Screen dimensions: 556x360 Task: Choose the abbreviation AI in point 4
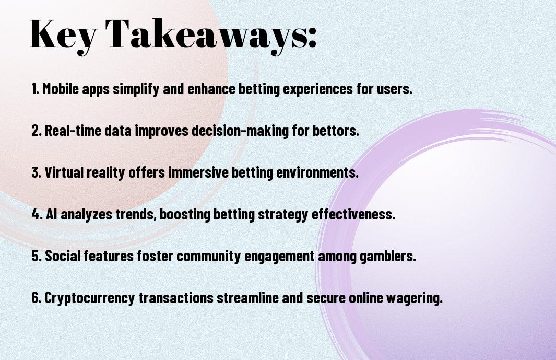click(51, 214)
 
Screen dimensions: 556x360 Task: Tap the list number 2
click(37, 130)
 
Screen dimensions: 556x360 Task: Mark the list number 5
click(37, 256)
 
